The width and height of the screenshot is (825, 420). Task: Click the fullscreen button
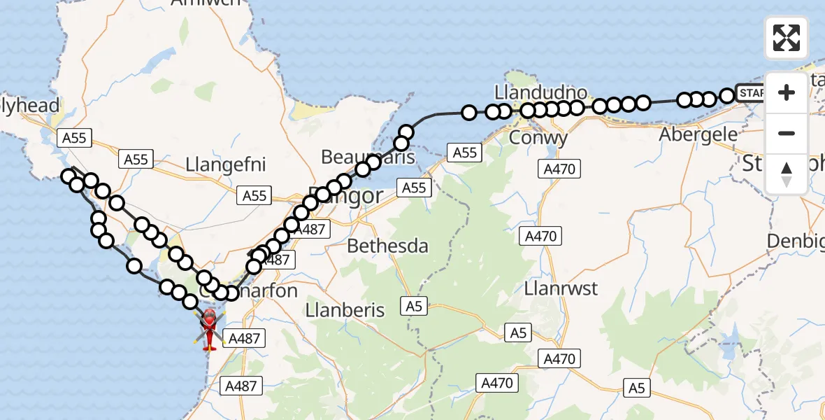point(787,38)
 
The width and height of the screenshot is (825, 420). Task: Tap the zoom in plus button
point(787,92)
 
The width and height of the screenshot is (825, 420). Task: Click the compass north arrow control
point(787,174)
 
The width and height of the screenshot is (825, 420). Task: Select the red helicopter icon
point(210,327)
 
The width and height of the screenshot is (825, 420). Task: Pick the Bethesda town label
point(387,246)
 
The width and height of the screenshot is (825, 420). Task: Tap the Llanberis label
point(345,309)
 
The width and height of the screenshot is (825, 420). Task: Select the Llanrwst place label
point(561,288)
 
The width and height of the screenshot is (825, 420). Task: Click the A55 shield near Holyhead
point(74,138)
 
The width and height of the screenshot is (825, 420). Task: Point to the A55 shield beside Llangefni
point(136,160)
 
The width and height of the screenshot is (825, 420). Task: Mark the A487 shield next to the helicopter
point(244,339)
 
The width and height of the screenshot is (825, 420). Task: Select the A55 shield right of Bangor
point(413,187)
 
